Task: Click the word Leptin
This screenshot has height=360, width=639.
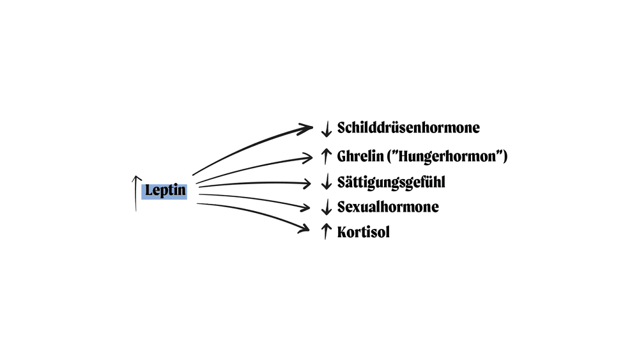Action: (x=166, y=191)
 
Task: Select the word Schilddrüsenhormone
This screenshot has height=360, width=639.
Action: (x=408, y=128)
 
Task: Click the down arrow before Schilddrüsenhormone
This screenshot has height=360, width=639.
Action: (x=326, y=129)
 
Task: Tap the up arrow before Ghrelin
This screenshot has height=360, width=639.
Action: (x=326, y=155)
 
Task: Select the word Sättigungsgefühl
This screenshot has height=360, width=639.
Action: (x=391, y=182)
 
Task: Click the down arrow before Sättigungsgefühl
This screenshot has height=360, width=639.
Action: (x=326, y=183)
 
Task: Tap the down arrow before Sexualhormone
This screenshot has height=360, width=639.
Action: (x=326, y=207)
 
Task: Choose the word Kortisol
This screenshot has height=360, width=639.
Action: (x=364, y=231)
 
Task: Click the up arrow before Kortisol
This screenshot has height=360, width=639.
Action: (x=326, y=231)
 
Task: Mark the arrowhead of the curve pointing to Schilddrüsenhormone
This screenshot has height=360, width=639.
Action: (x=309, y=128)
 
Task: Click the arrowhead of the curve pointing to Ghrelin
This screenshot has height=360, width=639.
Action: (x=309, y=155)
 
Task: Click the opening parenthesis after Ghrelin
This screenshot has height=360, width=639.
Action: (x=391, y=156)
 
